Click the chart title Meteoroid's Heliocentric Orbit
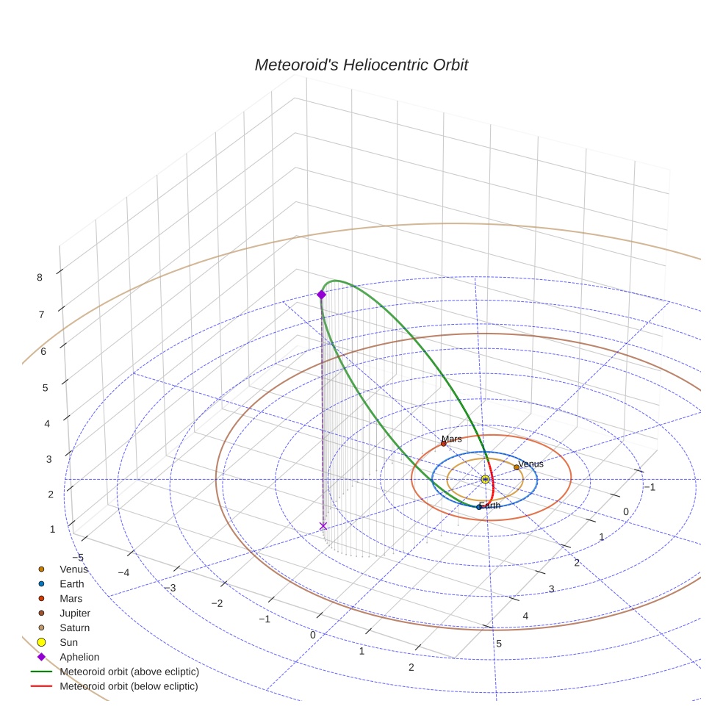pos(361,65)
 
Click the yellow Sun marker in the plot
pos(485,479)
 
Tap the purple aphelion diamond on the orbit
pos(321,295)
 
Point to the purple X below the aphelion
pos(323,525)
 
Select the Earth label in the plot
pos(490,506)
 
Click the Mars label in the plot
pos(452,439)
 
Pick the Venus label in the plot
pos(530,464)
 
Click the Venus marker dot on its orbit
pos(517,467)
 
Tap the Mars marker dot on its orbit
pos(443,444)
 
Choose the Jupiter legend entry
pos(75,613)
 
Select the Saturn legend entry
pos(74,627)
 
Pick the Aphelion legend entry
pos(79,657)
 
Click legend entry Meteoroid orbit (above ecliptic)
pos(129,672)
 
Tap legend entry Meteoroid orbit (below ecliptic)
pos(129,686)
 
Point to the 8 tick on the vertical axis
pos(40,277)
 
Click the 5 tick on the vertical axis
pos(45,387)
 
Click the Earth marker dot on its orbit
pos(478,507)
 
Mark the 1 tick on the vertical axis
pos(52,529)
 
